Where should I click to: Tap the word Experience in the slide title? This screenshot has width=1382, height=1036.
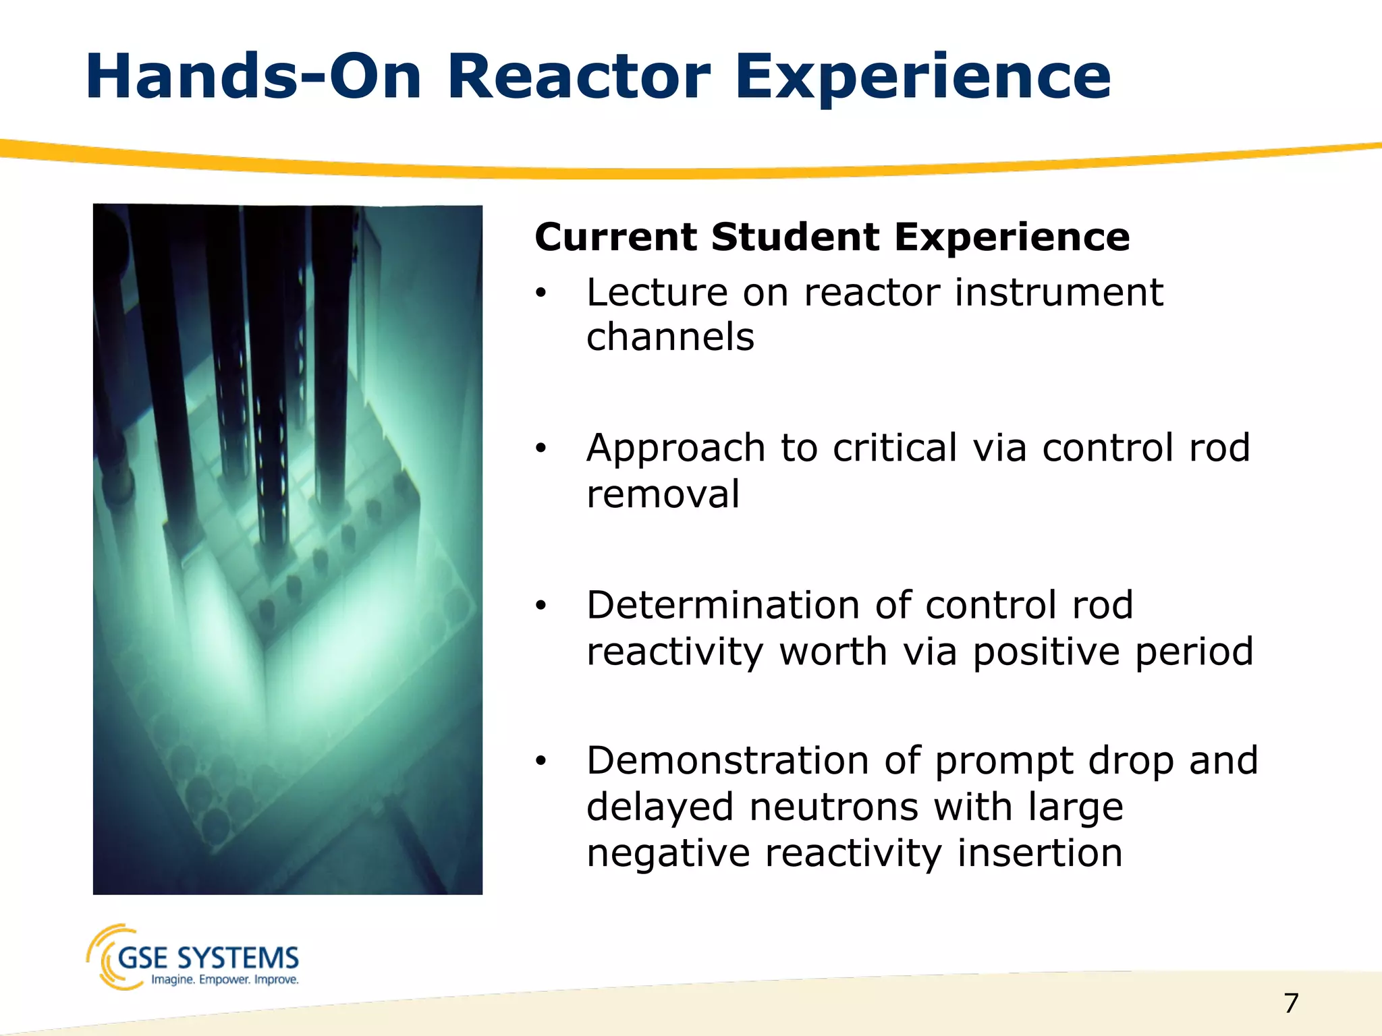click(922, 79)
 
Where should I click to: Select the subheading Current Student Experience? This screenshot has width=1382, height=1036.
click(832, 237)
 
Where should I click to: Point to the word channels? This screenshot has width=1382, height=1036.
click(670, 337)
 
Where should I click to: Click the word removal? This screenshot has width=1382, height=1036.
click(663, 494)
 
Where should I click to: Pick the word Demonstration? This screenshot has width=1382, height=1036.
click(726, 761)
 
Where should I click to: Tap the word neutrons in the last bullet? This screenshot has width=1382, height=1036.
click(833, 807)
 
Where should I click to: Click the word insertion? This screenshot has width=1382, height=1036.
click(1040, 853)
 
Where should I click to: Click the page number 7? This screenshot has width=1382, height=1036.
click(1291, 1003)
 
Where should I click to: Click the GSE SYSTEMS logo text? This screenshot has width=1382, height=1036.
click(208, 958)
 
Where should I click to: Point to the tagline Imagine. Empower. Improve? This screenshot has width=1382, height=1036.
click(225, 979)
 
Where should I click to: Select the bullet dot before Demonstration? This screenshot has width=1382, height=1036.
click(540, 761)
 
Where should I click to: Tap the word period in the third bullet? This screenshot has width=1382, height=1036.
click(1193, 652)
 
